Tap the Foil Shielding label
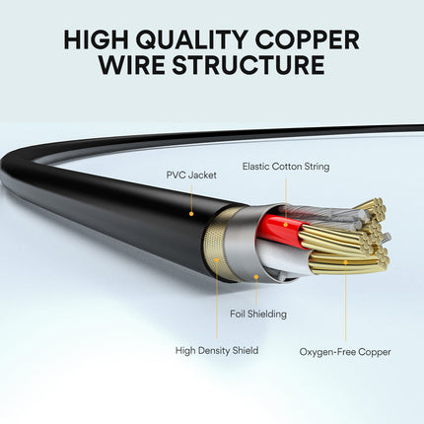pyautogui.click(x=251, y=315)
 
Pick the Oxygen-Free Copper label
pyautogui.click(x=345, y=351)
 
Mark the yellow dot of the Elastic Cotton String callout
pyautogui.click(x=285, y=223)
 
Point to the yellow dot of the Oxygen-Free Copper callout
pyautogui.click(x=345, y=262)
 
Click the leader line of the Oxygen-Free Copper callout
pyautogui.click(x=345, y=301)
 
